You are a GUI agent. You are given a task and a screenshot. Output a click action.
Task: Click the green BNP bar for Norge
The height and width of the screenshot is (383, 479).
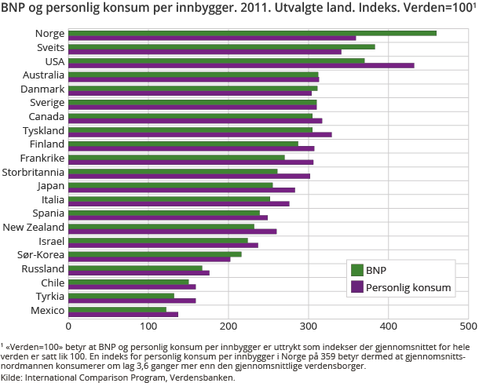251,33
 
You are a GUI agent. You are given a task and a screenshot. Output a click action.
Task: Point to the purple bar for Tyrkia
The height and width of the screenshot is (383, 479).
132,300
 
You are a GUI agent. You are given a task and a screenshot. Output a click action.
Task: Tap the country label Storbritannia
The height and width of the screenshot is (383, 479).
33,172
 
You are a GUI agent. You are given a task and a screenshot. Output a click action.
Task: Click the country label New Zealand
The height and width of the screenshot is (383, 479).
34,227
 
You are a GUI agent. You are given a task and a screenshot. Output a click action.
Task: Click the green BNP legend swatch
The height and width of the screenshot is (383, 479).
357,270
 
